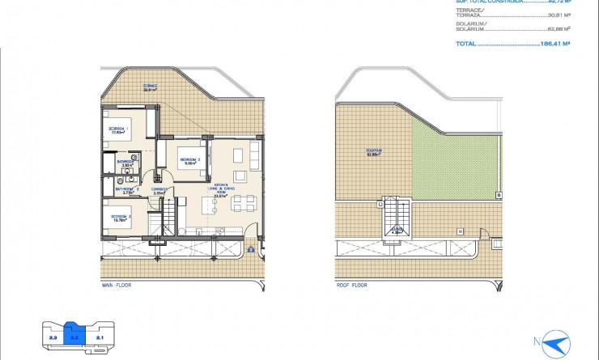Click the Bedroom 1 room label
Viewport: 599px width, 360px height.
click(119, 130)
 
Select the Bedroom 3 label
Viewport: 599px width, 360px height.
click(119, 218)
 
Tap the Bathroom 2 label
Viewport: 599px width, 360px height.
click(126, 190)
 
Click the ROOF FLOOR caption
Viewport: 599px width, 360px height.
click(351, 286)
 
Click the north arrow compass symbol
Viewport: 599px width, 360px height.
click(554, 343)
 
